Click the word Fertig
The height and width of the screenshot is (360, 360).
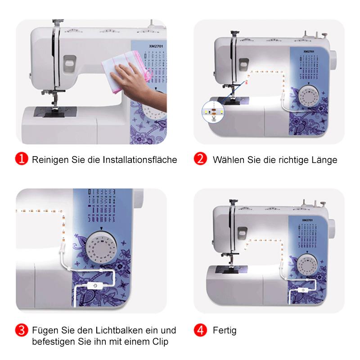225,331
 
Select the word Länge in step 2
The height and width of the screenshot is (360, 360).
324,160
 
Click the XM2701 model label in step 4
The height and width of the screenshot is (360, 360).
308,220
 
